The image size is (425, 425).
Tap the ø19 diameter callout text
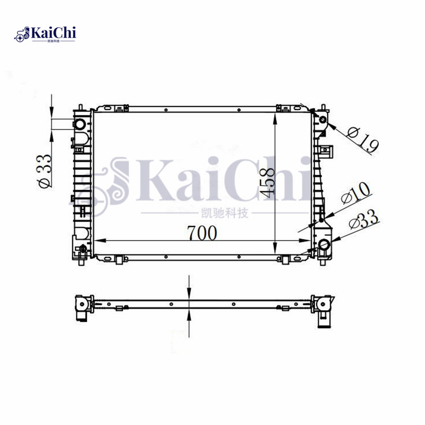click(x=362, y=139)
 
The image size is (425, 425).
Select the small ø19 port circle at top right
click(x=322, y=121)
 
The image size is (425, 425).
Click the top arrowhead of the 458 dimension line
click(x=275, y=118)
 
